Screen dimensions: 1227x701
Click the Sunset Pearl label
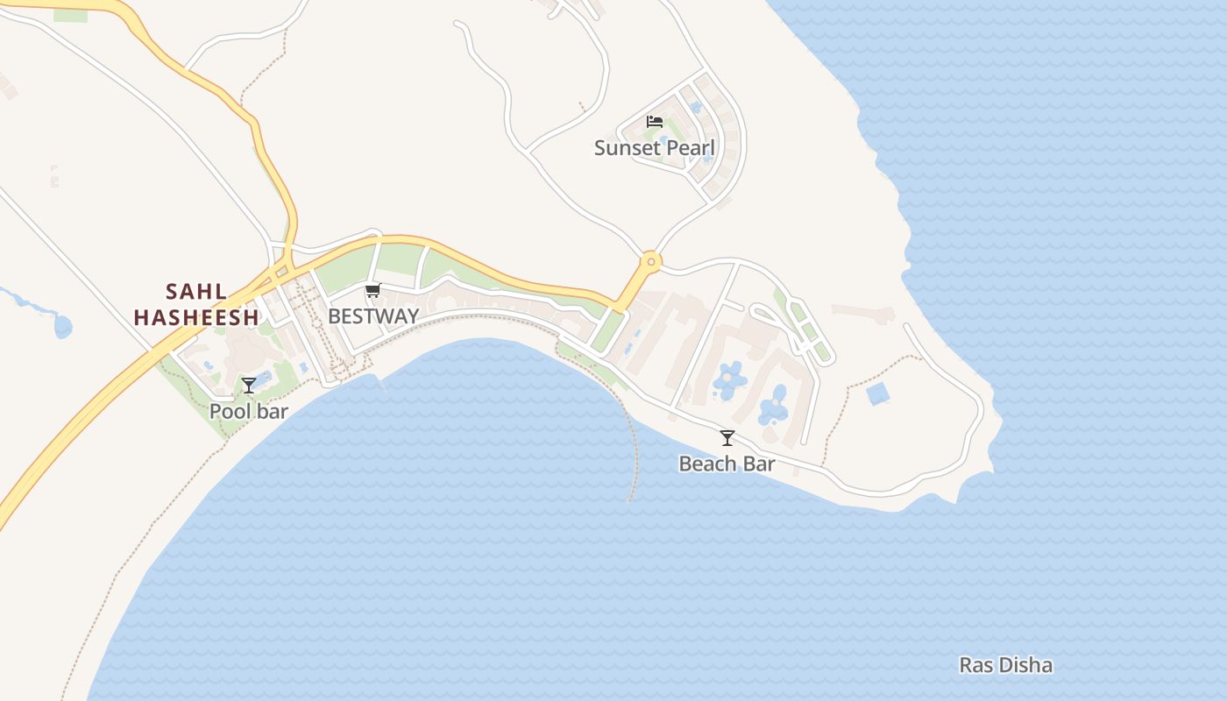pos(655,148)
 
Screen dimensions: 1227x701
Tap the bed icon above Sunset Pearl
pos(655,122)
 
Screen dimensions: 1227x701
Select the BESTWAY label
pos(373,316)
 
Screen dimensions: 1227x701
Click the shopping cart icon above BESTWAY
pos(373,291)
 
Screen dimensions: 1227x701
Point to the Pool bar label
pos(249,411)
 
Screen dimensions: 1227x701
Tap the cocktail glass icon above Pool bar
pos(249,386)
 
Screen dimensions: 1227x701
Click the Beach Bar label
pos(727,464)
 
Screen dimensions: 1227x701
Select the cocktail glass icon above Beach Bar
pos(727,438)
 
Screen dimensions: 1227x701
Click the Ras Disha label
pos(1005,665)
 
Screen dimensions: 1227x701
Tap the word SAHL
pos(196,292)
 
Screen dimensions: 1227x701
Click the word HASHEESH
pos(196,317)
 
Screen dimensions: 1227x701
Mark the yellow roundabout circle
pos(650,260)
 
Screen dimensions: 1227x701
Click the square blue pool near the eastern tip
pos(878,393)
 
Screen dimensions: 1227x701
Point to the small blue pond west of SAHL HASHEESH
pos(62,327)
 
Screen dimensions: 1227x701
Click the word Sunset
pos(625,148)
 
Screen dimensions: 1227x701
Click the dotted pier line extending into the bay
pos(634,456)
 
